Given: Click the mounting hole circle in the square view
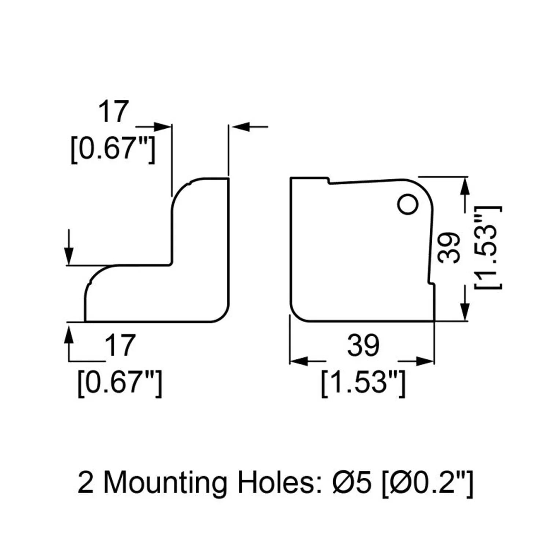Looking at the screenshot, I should point(408,204).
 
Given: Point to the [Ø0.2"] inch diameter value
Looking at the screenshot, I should point(428,483).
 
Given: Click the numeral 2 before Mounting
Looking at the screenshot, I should point(85,483).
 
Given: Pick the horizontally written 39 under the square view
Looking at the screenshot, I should point(363,345).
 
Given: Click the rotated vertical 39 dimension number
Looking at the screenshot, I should point(450,248).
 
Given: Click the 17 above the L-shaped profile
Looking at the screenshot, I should point(113,111).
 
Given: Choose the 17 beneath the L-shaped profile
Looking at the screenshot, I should point(120,345).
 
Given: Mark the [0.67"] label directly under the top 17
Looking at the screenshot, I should point(113,149).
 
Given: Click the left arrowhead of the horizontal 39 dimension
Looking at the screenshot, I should point(298,362).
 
